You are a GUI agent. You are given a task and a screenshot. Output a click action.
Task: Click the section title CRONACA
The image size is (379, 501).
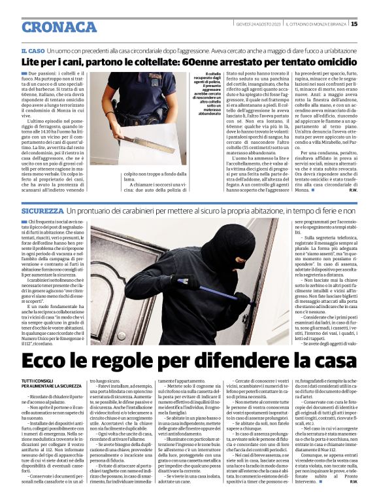click(x=50, y=27)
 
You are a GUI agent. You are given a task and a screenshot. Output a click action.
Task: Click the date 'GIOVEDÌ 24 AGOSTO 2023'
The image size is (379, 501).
click(x=259, y=24)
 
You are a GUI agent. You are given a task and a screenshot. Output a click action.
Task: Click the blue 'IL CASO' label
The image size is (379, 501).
click(x=33, y=50)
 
